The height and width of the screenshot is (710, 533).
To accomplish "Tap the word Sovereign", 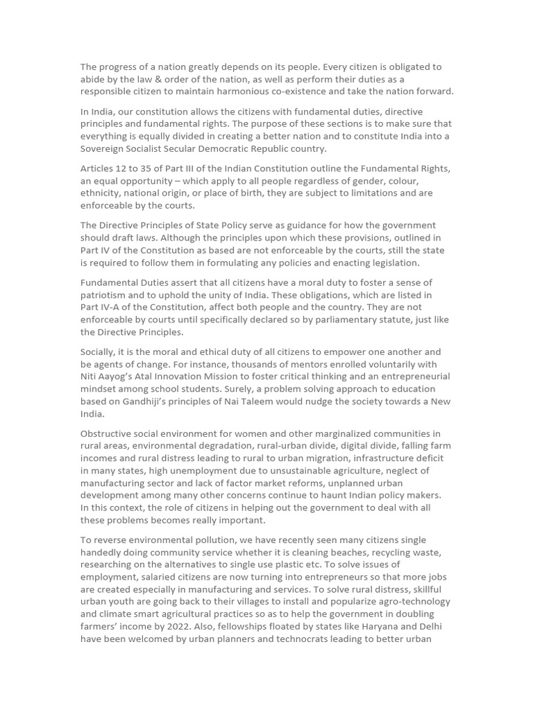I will coord(103,148).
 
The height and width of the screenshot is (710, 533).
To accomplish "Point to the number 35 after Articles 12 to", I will coord(149,168).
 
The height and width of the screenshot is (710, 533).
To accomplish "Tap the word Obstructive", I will coord(108,433).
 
